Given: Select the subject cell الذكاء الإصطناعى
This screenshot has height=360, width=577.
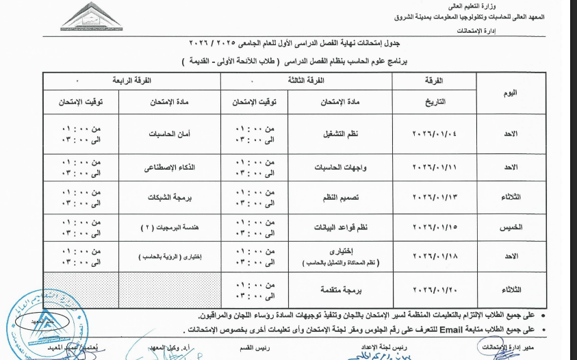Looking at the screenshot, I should point(168,166).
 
